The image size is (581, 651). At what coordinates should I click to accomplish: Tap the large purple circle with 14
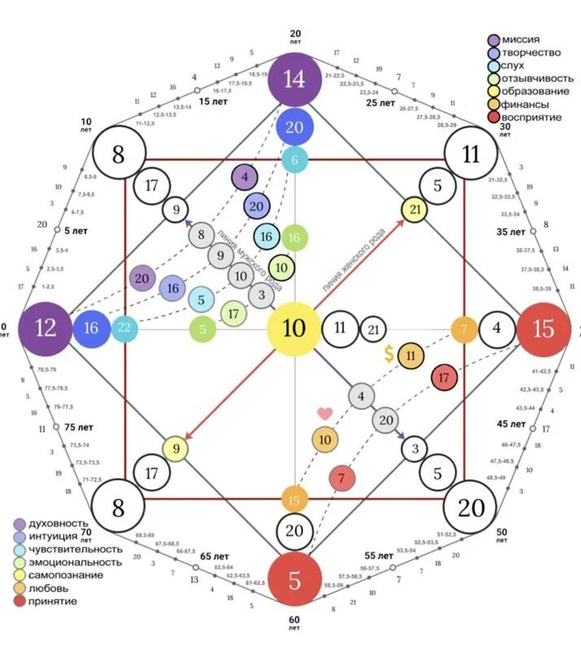pyautogui.click(x=295, y=79)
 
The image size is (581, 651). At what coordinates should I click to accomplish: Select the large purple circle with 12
pyautogui.click(x=46, y=328)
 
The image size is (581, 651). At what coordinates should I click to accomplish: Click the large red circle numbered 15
pyautogui.click(x=543, y=328)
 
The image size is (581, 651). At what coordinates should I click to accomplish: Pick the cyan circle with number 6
pyautogui.click(x=295, y=160)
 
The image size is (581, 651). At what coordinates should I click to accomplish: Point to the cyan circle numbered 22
pyautogui.click(x=125, y=328)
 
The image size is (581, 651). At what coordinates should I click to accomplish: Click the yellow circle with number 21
pyautogui.click(x=415, y=209)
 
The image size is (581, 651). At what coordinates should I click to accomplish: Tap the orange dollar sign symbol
pyautogui.click(x=390, y=354)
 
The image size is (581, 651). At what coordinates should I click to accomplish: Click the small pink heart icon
pyautogui.click(x=325, y=413)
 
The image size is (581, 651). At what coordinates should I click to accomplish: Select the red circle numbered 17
pyautogui.click(x=443, y=377)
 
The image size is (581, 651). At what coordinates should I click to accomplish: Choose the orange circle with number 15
pyautogui.click(x=295, y=499)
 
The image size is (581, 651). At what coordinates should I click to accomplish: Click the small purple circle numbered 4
pyautogui.click(x=245, y=177)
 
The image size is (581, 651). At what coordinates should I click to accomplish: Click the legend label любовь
pyautogui.click(x=50, y=588)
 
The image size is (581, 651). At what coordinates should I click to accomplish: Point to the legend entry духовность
pyautogui.click(x=58, y=522)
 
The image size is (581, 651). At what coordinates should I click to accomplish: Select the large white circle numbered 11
pyautogui.click(x=471, y=154)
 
